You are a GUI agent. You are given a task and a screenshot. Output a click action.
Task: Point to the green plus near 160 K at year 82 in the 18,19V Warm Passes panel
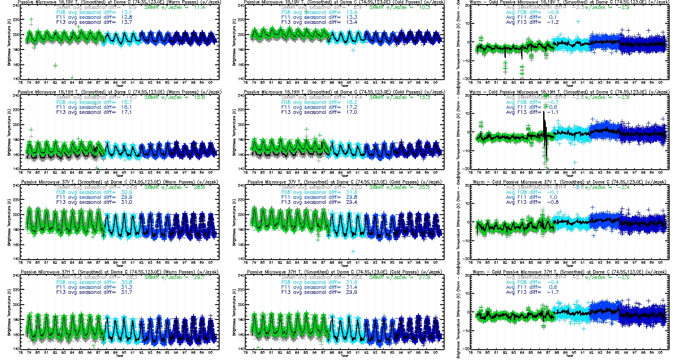pos(55,65)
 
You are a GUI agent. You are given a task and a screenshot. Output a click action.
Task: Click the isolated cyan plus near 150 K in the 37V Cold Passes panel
pos(353,251)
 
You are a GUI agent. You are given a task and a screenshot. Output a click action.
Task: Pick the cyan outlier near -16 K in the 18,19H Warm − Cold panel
pos(575,162)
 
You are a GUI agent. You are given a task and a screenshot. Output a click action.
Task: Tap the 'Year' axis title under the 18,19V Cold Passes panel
pos(344,85)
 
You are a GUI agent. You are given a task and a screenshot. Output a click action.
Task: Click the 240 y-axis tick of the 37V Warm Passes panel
pos(16,185)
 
